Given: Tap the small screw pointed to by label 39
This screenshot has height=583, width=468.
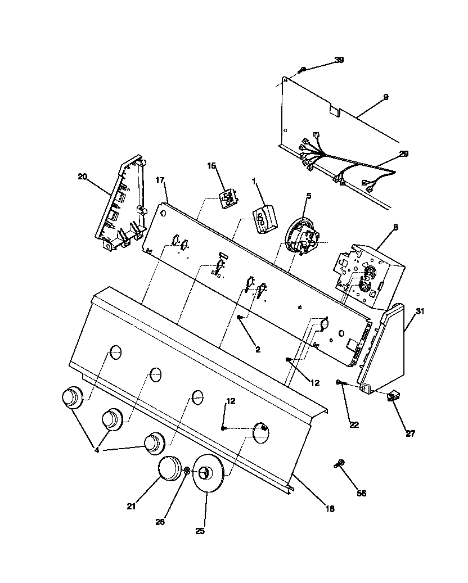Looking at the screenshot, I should coord(303,69).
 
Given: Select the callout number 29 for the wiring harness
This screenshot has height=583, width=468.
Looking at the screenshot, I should coord(404,153).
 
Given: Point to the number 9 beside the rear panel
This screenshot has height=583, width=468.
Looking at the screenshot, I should coord(385,97).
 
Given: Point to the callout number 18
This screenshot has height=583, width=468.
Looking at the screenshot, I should coord(330,509).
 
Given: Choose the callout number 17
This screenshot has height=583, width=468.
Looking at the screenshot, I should coord(159,180).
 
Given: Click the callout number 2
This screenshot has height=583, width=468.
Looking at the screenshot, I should coord(258,349).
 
